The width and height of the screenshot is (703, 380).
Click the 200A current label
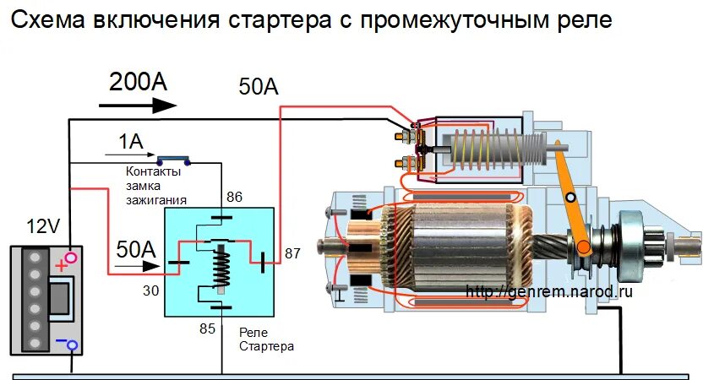(138, 82)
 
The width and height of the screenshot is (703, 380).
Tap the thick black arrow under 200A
(138, 106)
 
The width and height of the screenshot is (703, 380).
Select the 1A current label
(130, 142)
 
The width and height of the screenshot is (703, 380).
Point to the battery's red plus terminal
(68, 258)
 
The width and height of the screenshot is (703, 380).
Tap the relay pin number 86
(234, 197)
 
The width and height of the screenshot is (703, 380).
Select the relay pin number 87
(293, 252)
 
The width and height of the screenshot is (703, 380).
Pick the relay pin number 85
(207, 328)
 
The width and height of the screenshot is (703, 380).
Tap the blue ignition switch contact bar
(173, 158)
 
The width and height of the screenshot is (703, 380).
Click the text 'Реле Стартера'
(266, 340)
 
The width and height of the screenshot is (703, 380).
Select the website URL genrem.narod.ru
(548, 291)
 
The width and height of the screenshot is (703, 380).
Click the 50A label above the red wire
(259, 87)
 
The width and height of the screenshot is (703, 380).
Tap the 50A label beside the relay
(136, 249)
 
